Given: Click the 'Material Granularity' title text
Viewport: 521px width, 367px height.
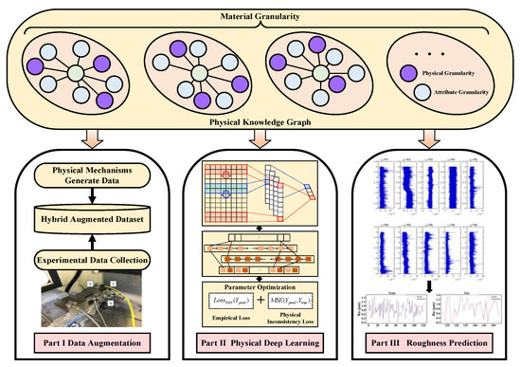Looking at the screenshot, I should pos(260,11).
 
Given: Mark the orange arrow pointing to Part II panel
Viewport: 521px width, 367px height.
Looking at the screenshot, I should pos(260,140).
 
